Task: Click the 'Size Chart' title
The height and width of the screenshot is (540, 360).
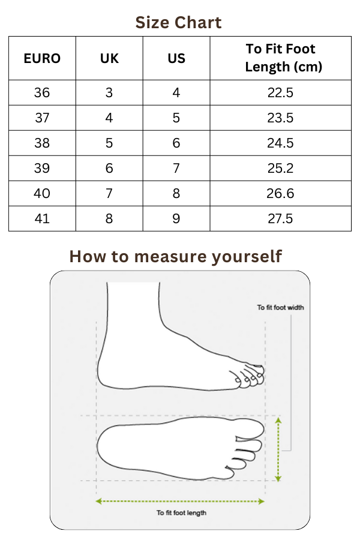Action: (x=178, y=23)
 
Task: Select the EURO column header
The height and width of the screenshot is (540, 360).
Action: (x=42, y=59)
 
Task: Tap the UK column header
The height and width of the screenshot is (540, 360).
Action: (x=109, y=59)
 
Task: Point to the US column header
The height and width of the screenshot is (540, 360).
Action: (x=176, y=59)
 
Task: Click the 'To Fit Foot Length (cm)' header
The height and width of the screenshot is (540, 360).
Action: (x=280, y=58)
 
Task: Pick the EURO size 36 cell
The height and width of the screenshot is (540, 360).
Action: (x=42, y=92)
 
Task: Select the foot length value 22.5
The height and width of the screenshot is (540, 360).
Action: (x=280, y=92)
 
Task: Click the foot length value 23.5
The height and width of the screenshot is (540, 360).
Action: (x=280, y=118)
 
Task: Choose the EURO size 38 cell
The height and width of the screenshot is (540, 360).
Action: (x=42, y=143)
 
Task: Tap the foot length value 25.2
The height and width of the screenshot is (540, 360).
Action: (x=280, y=168)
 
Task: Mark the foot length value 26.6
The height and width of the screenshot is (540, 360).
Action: (x=280, y=193)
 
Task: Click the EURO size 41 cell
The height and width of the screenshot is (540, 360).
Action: (x=42, y=218)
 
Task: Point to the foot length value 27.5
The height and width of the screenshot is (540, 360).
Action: (x=280, y=218)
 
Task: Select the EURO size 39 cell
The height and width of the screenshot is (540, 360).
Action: (x=42, y=168)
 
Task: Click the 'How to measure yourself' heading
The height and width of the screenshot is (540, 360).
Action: (x=176, y=257)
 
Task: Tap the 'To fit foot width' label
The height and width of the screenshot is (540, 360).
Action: (x=280, y=308)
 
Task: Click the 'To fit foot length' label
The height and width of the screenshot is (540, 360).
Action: (x=182, y=513)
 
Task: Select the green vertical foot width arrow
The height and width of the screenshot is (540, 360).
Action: (x=278, y=449)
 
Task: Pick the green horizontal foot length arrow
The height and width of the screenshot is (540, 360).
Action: (x=180, y=502)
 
